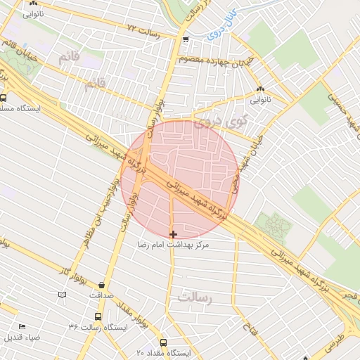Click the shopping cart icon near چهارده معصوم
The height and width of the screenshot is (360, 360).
coord(185,39)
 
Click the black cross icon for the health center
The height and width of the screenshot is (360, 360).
coord(173,233)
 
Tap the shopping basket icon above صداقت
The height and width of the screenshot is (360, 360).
coord(103,285)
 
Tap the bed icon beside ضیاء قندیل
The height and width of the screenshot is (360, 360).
coord(22,327)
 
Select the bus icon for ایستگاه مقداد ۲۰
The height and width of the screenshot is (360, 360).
coord(164,342)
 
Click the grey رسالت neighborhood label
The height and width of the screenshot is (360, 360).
coord(195,298)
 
